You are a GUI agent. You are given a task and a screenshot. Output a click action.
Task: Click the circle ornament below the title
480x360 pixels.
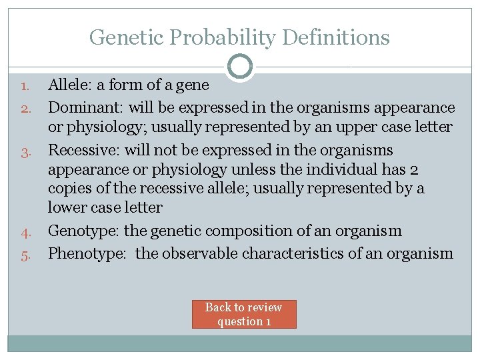(x=239, y=67)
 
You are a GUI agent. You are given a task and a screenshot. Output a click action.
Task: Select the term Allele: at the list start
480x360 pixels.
(x=71, y=85)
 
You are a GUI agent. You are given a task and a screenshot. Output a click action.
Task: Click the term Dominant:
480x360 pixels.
(x=86, y=107)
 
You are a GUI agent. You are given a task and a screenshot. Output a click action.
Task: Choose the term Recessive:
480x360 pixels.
(x=86, y=150)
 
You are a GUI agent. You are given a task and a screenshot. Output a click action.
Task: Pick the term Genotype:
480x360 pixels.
(x=85, y=231)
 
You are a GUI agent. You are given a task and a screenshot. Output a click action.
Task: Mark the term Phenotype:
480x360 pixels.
(x=88, y=253)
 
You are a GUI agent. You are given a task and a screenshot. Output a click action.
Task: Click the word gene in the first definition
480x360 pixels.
(x=193, y=85)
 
